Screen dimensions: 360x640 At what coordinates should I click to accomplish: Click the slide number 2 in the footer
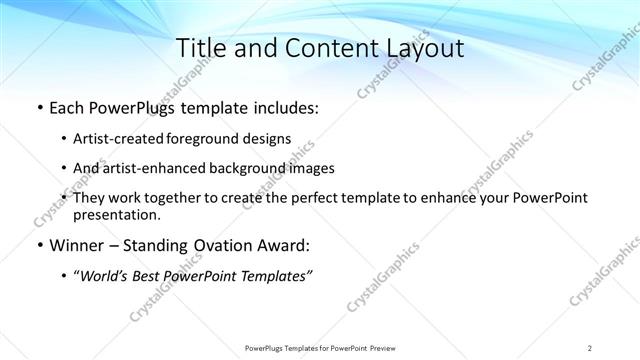590,348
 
